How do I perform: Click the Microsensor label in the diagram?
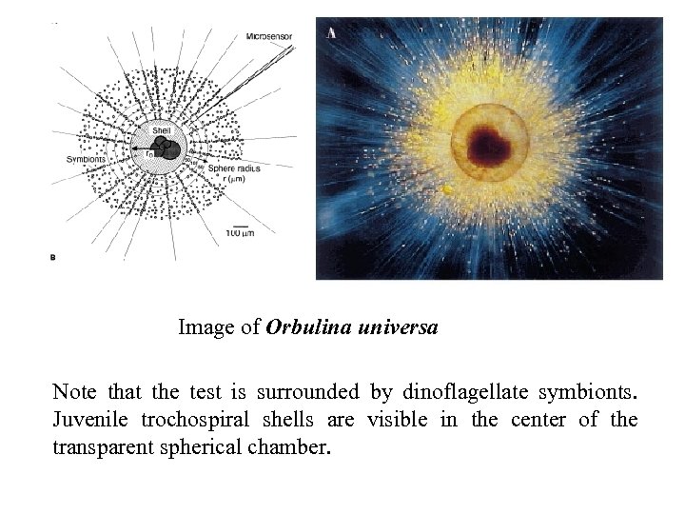pos(269,37)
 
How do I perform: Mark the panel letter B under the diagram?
pos(51,256)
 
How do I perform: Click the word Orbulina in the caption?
pos(306,328)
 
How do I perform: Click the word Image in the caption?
pos(205,328)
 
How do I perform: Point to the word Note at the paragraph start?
pos(72,391)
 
